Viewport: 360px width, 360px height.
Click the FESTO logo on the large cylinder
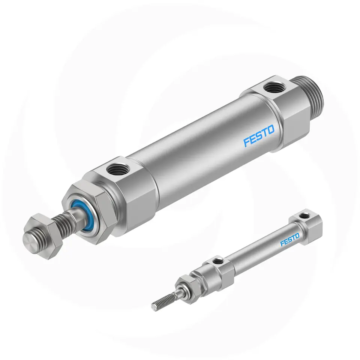259,135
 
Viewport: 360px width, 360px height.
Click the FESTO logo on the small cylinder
290,240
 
